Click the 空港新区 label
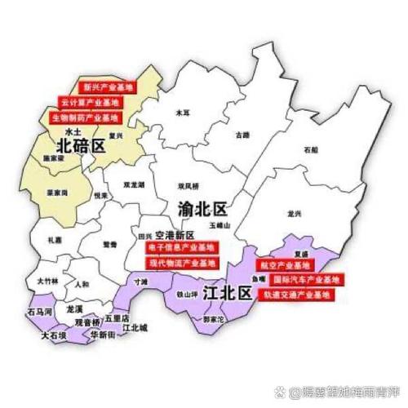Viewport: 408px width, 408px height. [173, 233]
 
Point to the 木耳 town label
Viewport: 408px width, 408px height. [182, 113]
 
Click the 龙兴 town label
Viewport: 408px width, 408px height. [294, 212]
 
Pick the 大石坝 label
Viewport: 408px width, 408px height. [52, 334]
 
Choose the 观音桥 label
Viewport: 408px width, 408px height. [86, 322]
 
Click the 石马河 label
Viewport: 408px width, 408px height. [40, 312]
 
